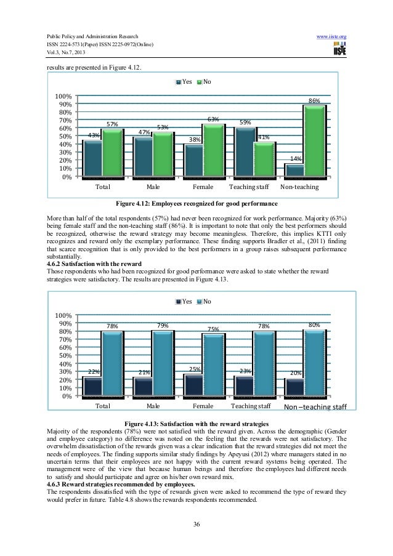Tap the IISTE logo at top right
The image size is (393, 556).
click(x=337, y=50)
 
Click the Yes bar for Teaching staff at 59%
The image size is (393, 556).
click(x=245, y=151)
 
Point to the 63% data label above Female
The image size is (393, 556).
click(x=213, y=119)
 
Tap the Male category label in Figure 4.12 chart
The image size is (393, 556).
click(x=154, y=185)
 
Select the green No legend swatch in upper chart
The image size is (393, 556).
click(x=200, y=82)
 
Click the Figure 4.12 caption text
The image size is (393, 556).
click(x=197, y=203)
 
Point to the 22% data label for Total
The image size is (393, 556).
click(x=94, y=372)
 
